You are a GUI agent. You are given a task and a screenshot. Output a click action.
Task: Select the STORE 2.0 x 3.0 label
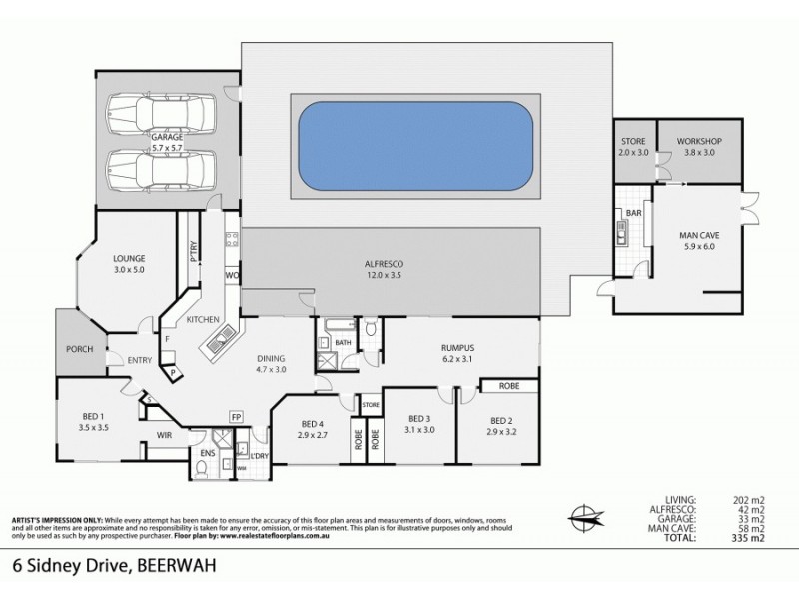coord(634,147)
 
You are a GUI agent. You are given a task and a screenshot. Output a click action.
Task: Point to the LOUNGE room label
coord(129,262)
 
